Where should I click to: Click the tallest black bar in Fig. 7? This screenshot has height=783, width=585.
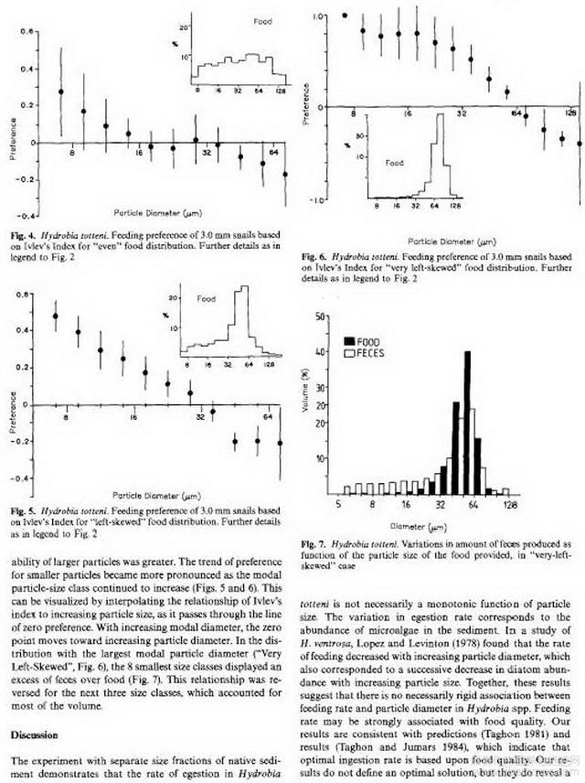[468, 421]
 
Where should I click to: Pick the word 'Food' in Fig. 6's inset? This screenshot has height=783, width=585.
[393, 163]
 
